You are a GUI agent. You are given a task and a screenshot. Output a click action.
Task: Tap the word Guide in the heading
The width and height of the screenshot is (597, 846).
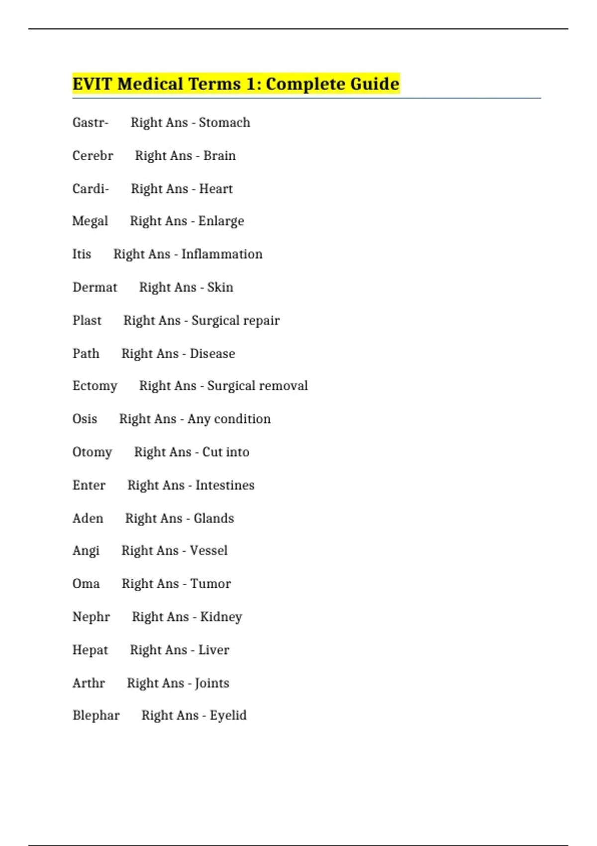point(375,84)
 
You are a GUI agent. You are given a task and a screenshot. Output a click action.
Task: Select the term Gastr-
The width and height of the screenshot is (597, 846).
point(90,122)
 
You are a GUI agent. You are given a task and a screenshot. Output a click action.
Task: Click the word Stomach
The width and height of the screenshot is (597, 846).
point(224,122)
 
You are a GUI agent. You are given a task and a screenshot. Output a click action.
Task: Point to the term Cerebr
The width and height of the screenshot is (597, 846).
point(93,156)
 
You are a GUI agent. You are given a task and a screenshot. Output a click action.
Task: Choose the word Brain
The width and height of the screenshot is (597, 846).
point(219,156)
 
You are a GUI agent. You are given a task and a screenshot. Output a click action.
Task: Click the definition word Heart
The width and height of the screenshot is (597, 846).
point(216,189)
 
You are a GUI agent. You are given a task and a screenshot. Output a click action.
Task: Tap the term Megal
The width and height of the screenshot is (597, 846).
point(90,221)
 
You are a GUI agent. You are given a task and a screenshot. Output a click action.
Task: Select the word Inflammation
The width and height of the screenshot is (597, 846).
point(222,254)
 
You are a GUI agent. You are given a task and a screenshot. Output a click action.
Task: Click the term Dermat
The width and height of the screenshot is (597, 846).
point(95,287)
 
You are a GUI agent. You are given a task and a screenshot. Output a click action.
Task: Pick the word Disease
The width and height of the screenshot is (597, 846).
point(212,354)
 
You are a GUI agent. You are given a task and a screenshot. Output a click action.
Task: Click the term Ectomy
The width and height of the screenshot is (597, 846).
point(95,386)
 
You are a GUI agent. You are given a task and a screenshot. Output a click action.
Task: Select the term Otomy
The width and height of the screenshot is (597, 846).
point(92,452)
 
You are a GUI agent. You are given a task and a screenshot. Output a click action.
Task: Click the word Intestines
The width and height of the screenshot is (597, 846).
point(225,485)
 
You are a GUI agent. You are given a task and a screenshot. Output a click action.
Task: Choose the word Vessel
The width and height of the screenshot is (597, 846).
point(209,550)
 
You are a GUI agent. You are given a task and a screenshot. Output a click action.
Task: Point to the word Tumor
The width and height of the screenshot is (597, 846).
point(211,584)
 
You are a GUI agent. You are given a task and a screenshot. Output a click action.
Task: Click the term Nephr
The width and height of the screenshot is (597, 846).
point(91,617)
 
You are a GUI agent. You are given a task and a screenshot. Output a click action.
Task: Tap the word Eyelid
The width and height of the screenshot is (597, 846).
point(228,715)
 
